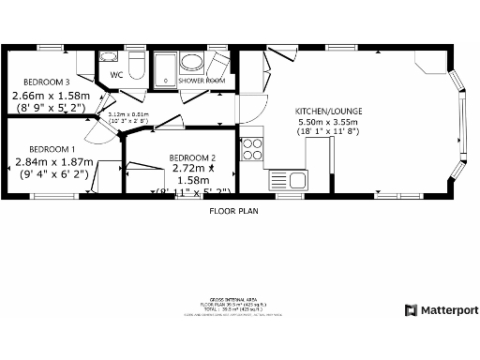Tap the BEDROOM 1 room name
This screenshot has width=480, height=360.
[x=52, y=148]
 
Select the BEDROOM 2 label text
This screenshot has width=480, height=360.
[x=192, y=157]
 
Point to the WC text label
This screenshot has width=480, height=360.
[x=116, y=74]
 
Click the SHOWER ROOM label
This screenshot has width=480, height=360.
[x=202, y=81]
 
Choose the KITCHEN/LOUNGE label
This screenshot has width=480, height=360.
[x=328, y=111]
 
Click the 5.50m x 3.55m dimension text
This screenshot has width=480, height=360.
[x=328, y=122]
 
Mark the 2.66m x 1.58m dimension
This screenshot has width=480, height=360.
[x=51, y=96]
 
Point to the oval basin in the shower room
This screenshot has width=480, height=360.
[x=193, y=63]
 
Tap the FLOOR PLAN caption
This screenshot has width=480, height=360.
[x=232, y=211]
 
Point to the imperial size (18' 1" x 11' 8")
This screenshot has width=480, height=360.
[x=328, y=133]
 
